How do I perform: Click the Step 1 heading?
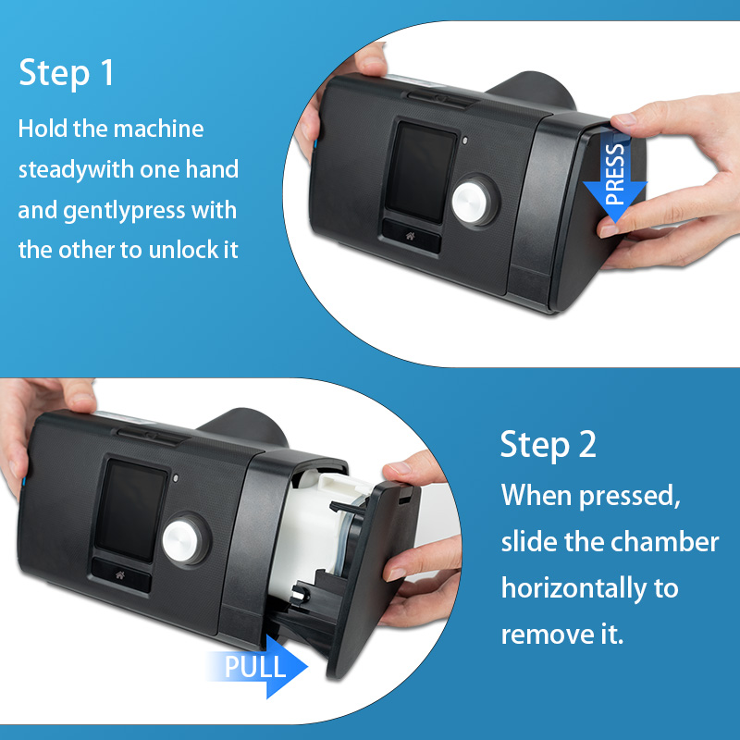point(67,73)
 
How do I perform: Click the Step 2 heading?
point(549,445)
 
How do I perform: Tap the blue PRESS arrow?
point(614,179)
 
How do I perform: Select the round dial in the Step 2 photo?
point(184,540)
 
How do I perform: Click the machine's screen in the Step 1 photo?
point(421,172)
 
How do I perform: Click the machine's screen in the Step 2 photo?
point(130,511)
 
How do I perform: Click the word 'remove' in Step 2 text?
point(548,635)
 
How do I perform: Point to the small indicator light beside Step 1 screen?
point(465,141)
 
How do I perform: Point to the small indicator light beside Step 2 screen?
point(176,478)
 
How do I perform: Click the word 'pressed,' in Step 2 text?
point(630,498)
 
